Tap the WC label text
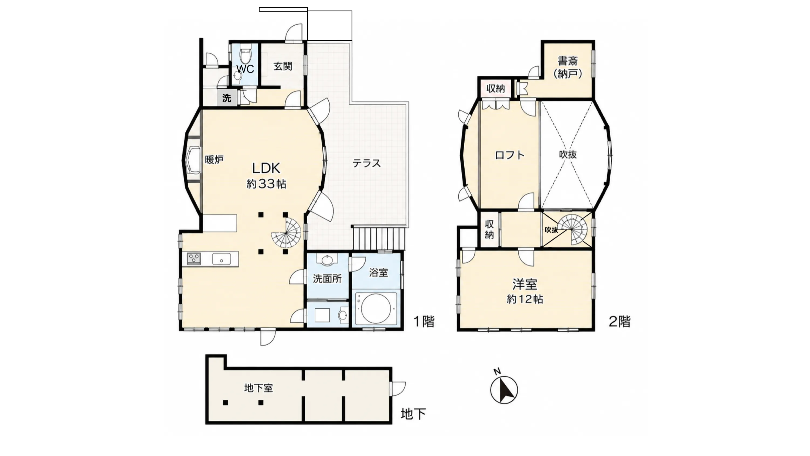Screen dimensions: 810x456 tap(245, 69)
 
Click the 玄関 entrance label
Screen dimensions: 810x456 tap(283, 66)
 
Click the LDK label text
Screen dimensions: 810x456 tap(266, 169)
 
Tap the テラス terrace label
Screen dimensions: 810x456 tap(367, 163)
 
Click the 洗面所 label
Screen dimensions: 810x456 tap(327, 279)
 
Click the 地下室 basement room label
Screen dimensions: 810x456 tap(258, 388)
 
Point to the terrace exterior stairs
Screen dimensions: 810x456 tap(379, 238)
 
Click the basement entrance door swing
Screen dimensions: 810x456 tap(398, 389)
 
